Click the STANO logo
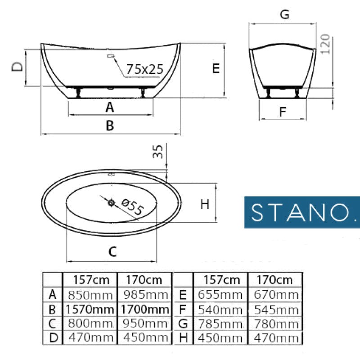302,212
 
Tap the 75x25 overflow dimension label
145,69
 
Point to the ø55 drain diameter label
132,207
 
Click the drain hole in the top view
111,203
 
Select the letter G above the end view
285,14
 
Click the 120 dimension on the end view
325,44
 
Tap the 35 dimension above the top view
158,152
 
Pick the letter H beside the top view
205,204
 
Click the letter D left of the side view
17,67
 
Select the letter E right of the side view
216,68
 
